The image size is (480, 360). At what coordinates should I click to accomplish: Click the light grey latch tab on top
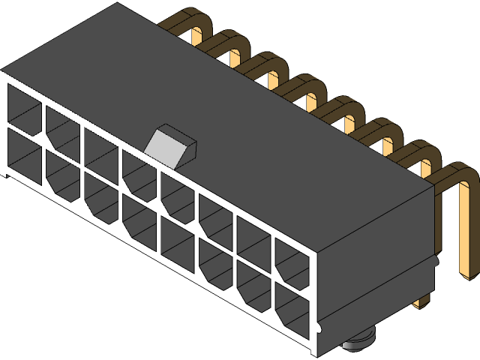(x=170, y=142)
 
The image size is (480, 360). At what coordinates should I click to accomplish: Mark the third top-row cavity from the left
(x=100, y=151)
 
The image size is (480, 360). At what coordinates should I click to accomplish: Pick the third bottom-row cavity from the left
(x=100, y=199)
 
